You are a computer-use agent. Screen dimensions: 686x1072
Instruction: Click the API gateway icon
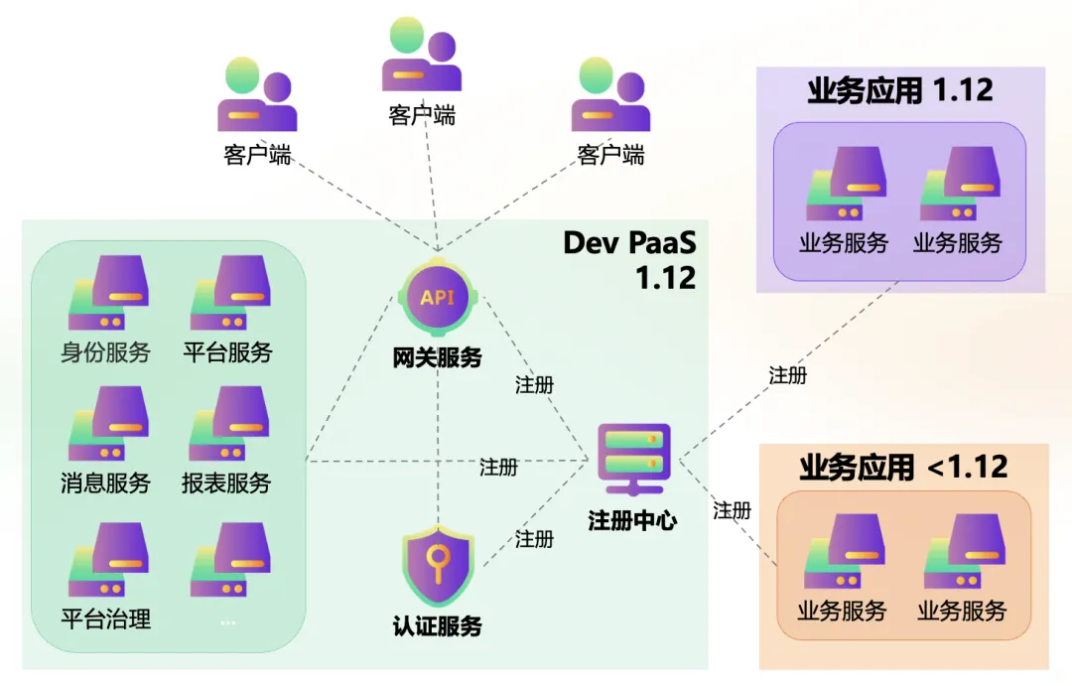click(x=437, y=297)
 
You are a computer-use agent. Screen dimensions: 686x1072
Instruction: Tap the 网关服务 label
click(x=437, y=357)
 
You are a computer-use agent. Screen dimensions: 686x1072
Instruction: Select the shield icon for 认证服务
click(x=437, y=568)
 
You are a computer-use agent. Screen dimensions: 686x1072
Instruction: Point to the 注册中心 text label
click(x=633, y=520)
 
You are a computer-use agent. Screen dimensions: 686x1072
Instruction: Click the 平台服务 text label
click(x=228, y=351)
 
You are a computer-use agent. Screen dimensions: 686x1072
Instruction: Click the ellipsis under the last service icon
click(x=228, y=622)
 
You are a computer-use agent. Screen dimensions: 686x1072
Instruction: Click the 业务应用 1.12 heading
click(x=900, y=90)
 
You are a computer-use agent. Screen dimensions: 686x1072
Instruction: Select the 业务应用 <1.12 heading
click(x=903, y=467)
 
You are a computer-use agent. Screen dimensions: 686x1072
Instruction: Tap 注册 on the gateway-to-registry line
click(x=534, y=385)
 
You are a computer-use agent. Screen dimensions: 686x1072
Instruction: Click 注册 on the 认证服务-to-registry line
click(x=534, y=539)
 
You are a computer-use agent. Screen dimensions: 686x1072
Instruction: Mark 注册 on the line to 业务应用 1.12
click(x=787, y=375)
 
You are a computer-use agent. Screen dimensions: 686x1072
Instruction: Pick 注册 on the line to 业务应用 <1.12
click(x=732, y=511)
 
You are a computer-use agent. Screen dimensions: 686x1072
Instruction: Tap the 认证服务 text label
click(x=437, y=626)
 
